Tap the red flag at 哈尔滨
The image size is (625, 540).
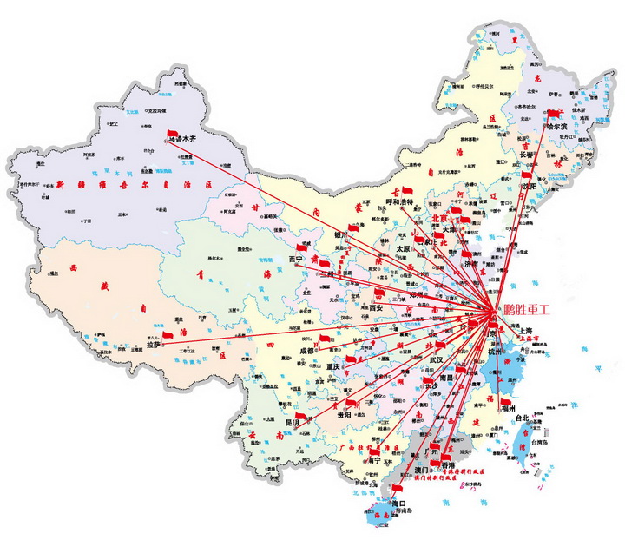[552, 112]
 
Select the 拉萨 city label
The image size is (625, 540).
[154, 345]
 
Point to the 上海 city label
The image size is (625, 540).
[524, 331]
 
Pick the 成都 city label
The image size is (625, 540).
[310, 352]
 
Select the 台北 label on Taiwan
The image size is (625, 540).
[523, 418]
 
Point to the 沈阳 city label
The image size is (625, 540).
[529, 186]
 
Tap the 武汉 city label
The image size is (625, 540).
[437, 359]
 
